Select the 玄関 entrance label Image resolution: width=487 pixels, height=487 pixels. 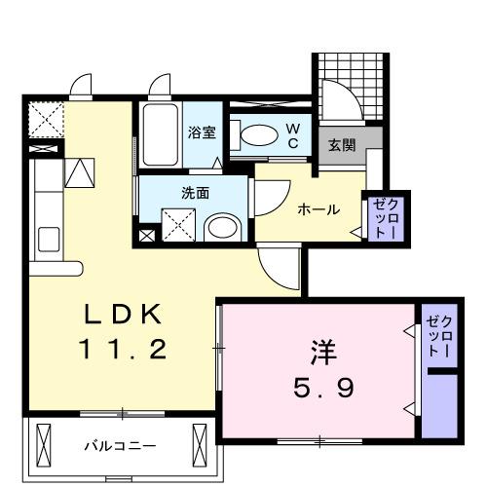(x=340, y=146)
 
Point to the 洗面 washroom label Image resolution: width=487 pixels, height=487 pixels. (x=195, y=193)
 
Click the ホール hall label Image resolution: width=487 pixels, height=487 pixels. (x=318, y=208)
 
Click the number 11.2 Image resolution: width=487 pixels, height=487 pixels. (x=122, y=348)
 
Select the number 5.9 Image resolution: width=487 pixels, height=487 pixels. (x=323, y=388)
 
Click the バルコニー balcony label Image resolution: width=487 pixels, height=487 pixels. (x=119, y=446)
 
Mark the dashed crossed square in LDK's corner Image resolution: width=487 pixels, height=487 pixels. (x=45, y=121)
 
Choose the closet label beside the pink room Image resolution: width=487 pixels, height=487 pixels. (x=438, y=336)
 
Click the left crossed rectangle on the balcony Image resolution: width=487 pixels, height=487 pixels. (x=44, y=445)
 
